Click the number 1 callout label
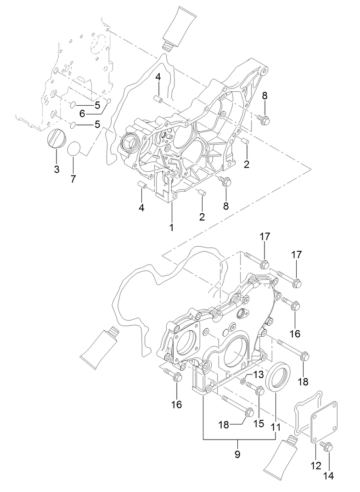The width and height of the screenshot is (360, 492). (171, 227)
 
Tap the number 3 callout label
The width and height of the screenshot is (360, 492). (56, 169)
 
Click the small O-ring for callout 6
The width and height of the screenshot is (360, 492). (109, 101)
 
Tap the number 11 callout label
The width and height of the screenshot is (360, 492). (275, 426)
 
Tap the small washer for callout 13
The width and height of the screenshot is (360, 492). (243, 381)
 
